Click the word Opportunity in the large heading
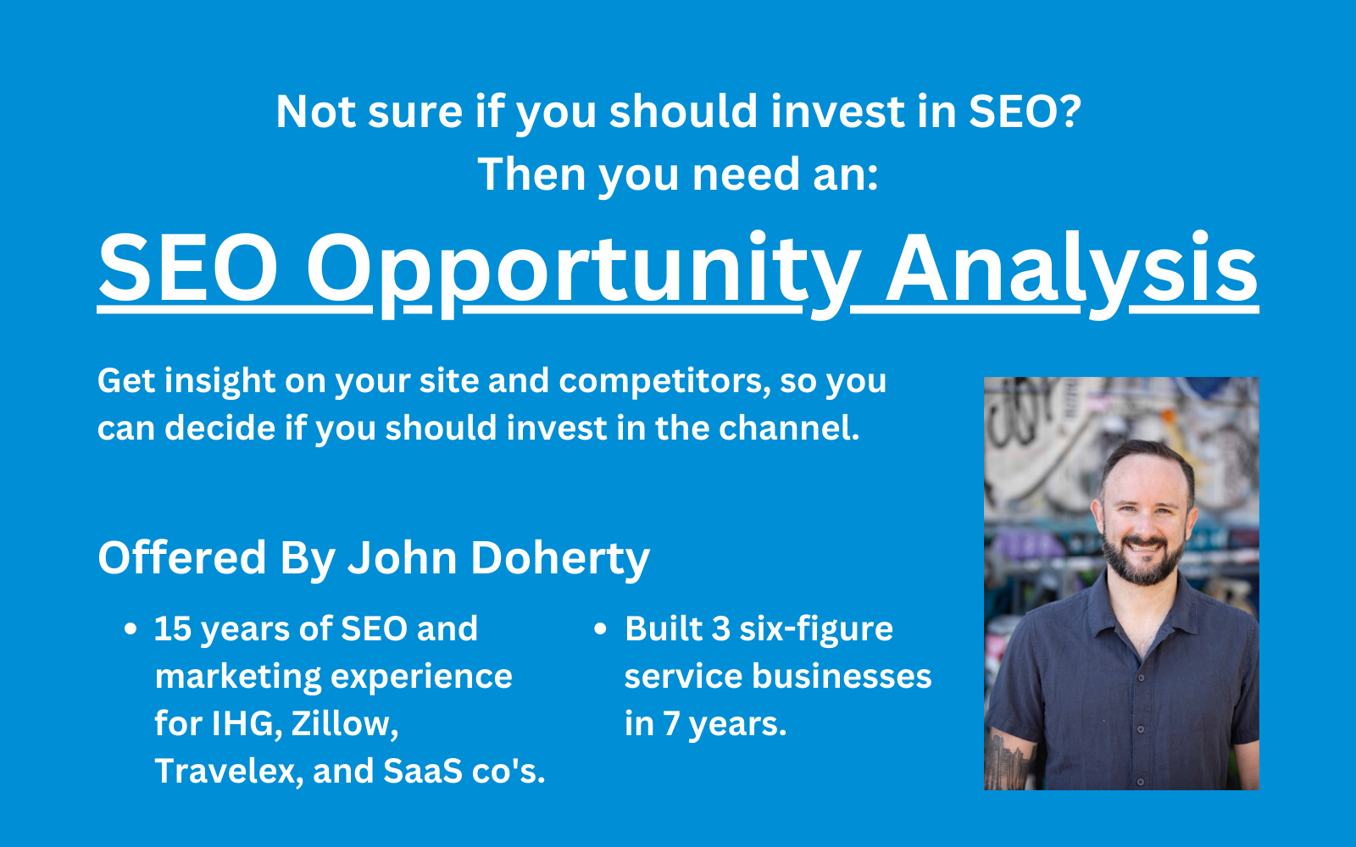tap(584, 272)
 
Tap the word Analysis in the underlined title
tap(1071, 272)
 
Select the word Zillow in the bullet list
tap(344, 723)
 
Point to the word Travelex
tap(229, 772)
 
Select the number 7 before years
tap(670, 723)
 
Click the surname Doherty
tap(560, 558)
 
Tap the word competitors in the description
tap(664, 382)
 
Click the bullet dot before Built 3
tap(600, 629)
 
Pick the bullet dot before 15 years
tap(131, 629)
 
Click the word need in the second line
tap(745, 174)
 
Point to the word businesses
tap(842, 677)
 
